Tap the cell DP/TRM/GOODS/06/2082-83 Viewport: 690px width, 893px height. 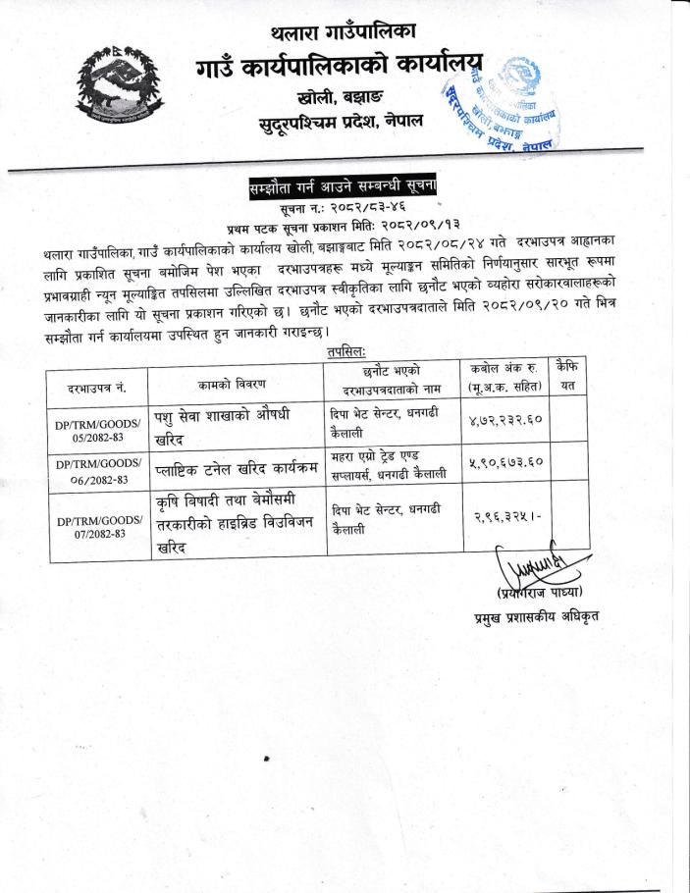click(96, 470)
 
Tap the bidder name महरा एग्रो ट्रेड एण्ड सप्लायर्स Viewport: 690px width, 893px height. click(389, 466)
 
